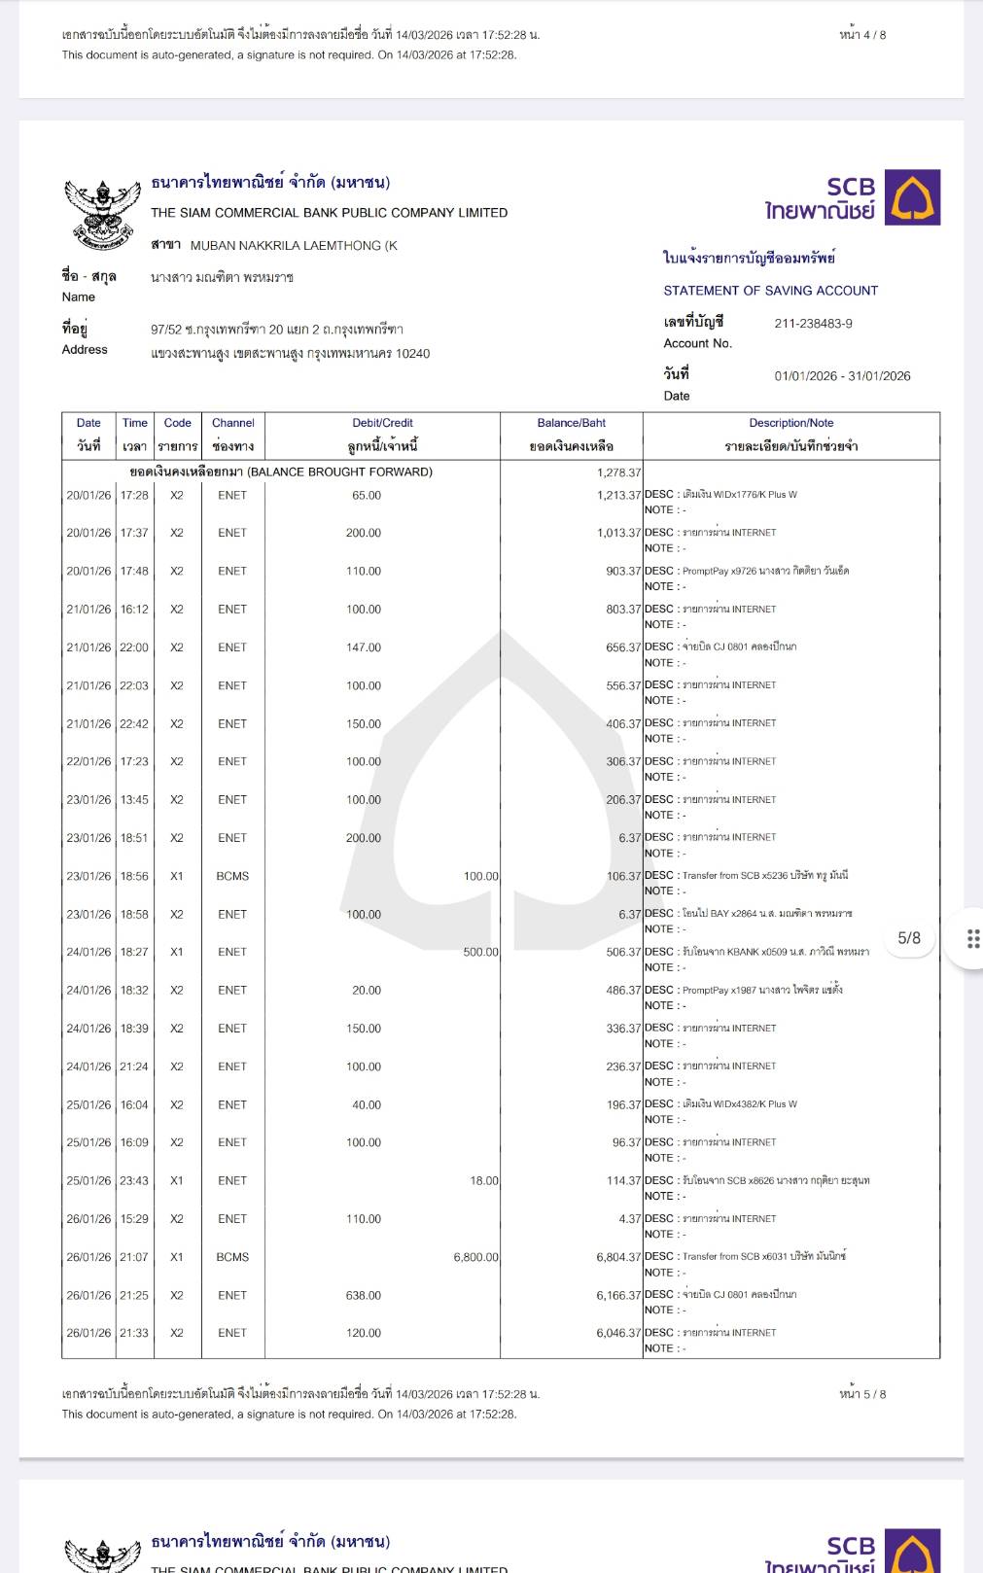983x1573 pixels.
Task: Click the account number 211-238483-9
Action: (813, 324)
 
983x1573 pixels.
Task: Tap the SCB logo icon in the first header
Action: (912, 197)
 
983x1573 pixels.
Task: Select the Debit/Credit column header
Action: (382, 423)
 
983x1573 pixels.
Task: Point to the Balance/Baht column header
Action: (571, 423)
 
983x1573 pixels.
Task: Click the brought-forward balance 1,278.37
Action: (618, 472)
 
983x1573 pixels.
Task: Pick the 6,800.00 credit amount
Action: (475, 1257)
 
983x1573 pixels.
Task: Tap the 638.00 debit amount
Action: (364, 1295)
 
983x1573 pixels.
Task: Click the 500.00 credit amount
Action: (480, 952)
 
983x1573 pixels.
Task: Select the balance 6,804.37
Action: (618, 1257)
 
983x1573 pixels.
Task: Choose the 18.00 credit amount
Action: (483, 1181)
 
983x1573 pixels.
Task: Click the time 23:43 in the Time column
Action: (134, 1181)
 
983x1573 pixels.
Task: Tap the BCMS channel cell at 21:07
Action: (232, 1257)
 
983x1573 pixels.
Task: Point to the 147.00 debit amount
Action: (364, 647)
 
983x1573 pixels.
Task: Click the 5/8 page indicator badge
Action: (908, 938)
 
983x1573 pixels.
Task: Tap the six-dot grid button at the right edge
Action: (972, 938)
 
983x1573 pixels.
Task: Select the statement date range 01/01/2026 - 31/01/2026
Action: (842, 376)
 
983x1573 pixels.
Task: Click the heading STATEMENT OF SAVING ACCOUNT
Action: (770, 291)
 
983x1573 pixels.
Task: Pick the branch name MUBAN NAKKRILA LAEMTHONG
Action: (293, 246)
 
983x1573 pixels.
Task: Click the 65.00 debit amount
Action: (367, 495)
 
